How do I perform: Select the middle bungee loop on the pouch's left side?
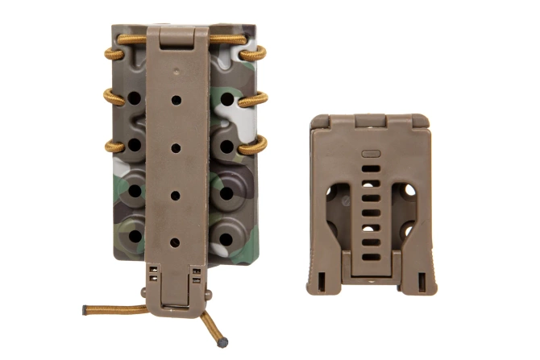click(112, 98)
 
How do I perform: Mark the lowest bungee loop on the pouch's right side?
click(255, 146)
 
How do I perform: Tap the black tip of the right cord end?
click(222, 341)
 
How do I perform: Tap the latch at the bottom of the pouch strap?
click(173, 290)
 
